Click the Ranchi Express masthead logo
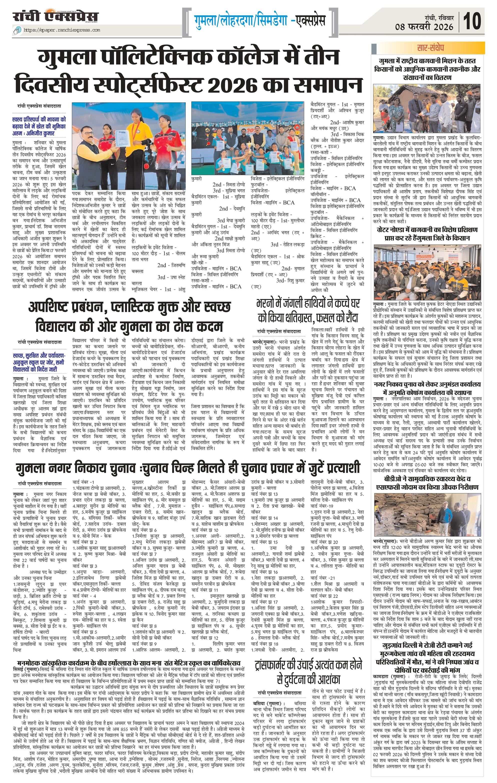[x=56, y=17]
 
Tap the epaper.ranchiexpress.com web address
[x=62, y=30]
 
